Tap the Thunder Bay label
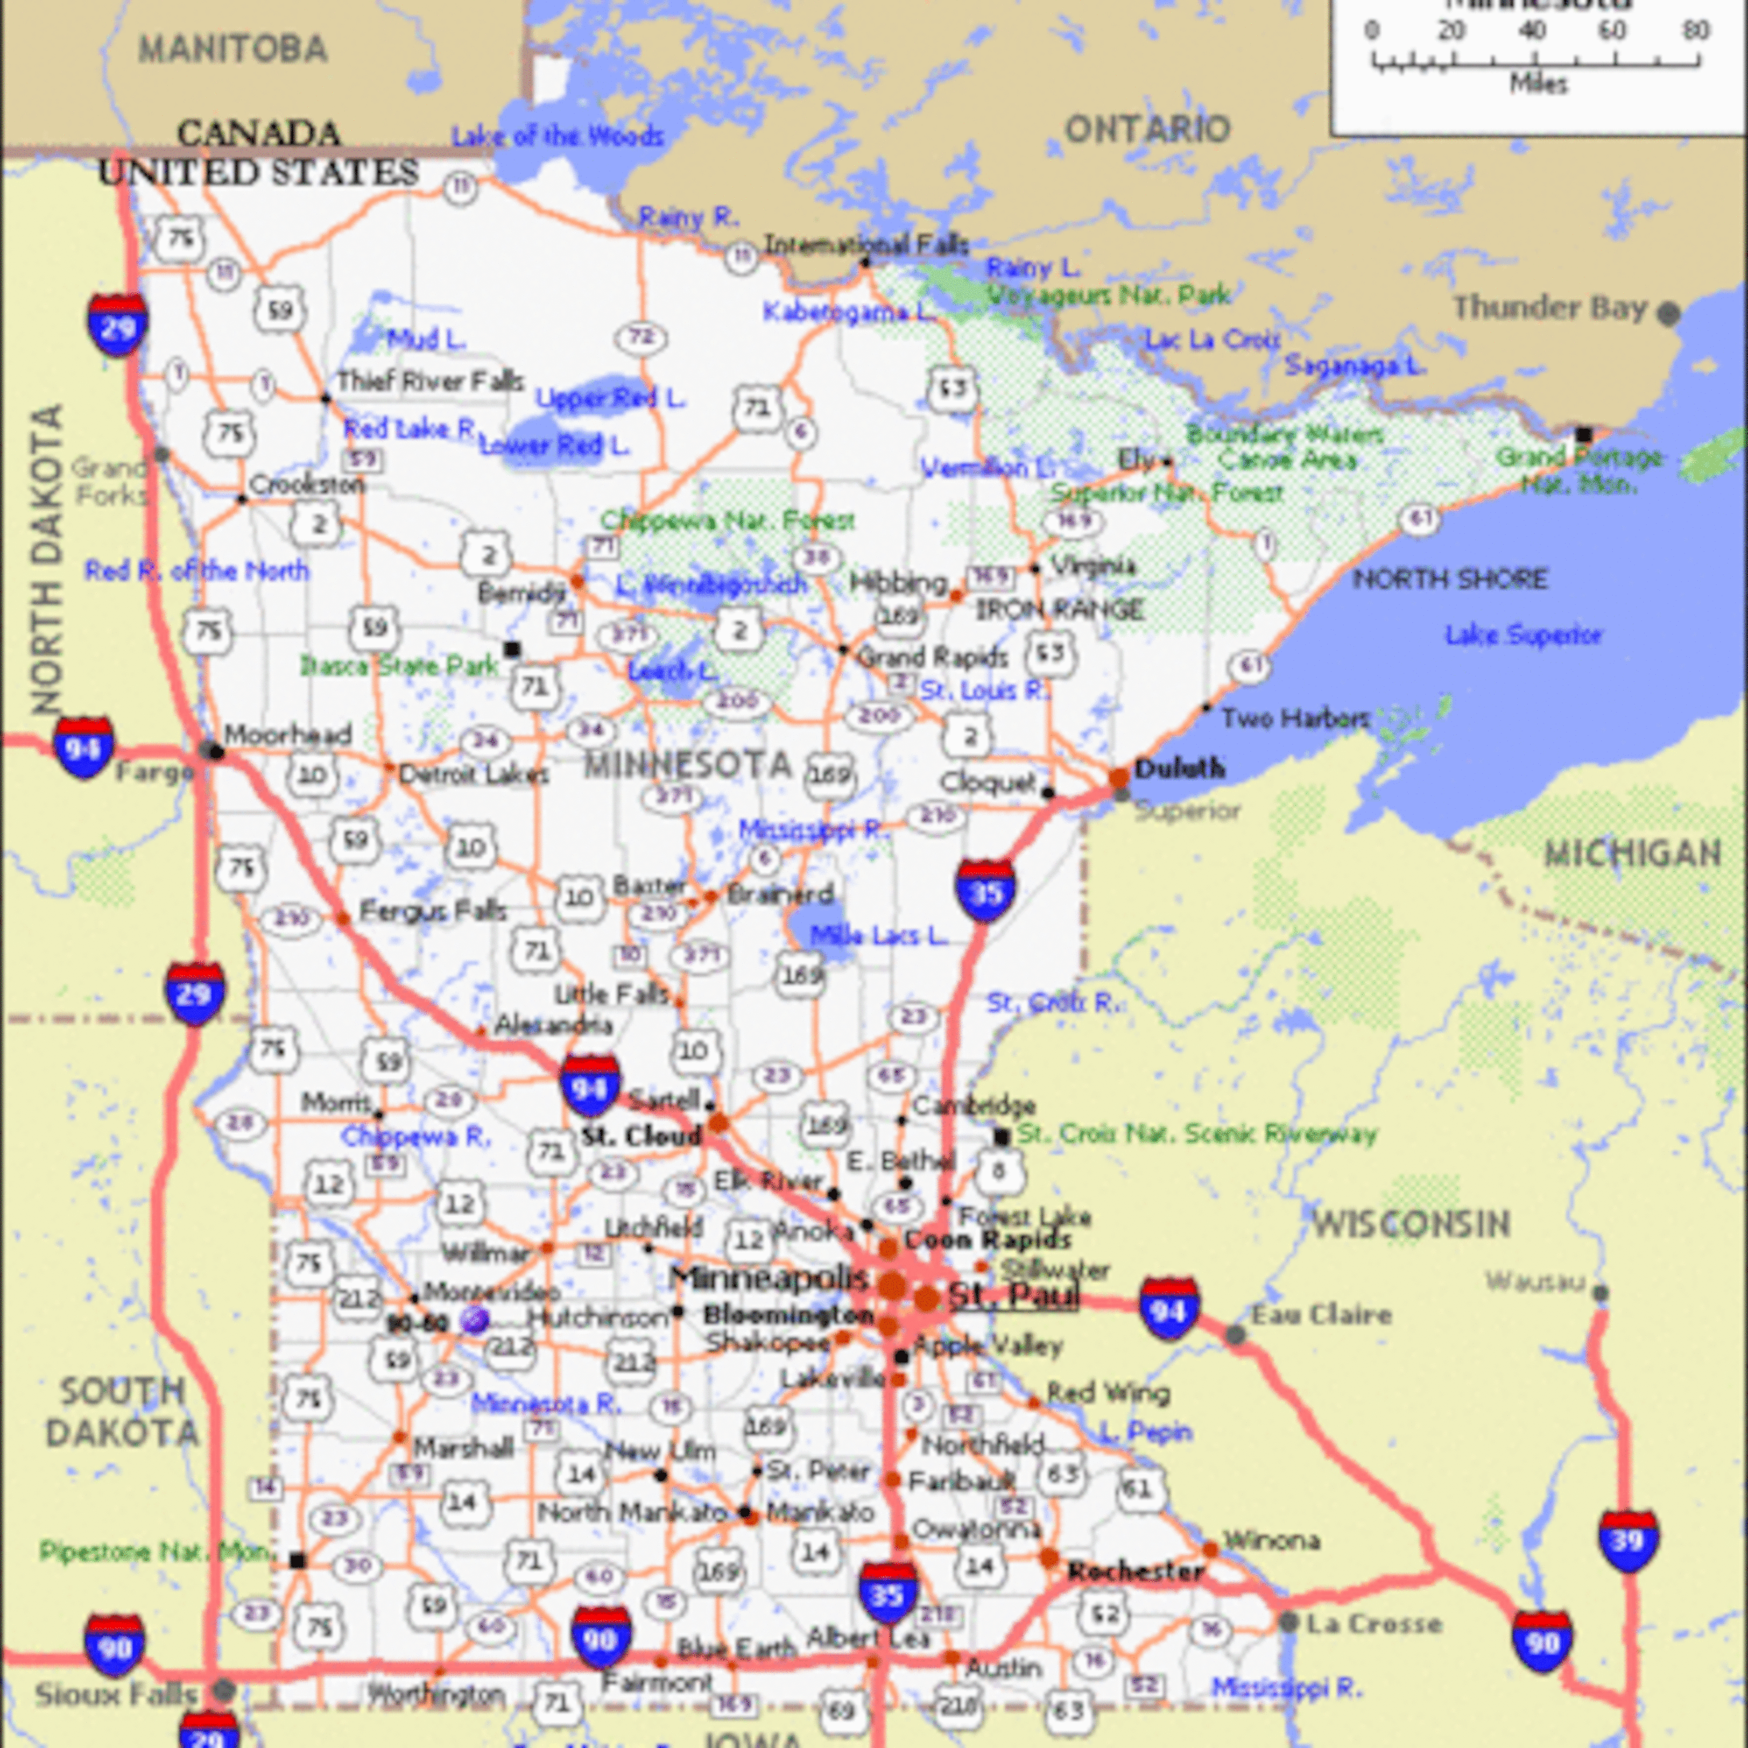tap(1549, 309)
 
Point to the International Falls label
tap(866, 244)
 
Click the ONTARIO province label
tap(1147, 129)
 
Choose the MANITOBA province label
tap(232, 49)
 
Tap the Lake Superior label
tap(1524, 635)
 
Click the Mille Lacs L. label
tap(877, 936)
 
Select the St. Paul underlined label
tap(1013, 1296)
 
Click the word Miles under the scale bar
tap(1538, 84)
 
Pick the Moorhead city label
tap(288, 734)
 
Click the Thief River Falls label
tap(430, 382)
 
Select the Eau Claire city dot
tap(1235, 1334)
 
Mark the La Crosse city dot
tap(1288, 1622)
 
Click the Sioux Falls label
tap(116, 1694)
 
